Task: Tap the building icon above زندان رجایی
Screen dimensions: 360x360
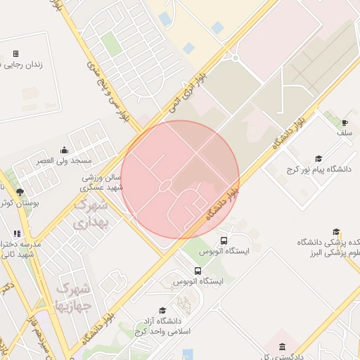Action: pyautogui.click(x=15, y=53)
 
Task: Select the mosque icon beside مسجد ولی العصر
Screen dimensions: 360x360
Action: pyautogui.click(x=65, y=149)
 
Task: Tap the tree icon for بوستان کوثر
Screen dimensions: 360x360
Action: pyautogui.click(x=19, y=191)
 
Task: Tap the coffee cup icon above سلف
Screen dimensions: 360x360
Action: pyautogui.click(x=345, y=122)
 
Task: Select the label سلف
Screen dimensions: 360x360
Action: pyautogui.click(x=344, y=132)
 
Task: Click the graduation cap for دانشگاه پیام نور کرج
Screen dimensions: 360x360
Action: pyautogui.click(x=318, y=159)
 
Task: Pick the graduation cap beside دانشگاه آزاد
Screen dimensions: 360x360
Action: pyautogui.click(x=163, y=310)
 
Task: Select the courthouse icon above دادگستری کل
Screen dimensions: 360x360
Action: pyautogui.click(x=282, y=347)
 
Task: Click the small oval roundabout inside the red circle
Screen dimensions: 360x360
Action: pyautogui.click(x=165, y=186)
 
